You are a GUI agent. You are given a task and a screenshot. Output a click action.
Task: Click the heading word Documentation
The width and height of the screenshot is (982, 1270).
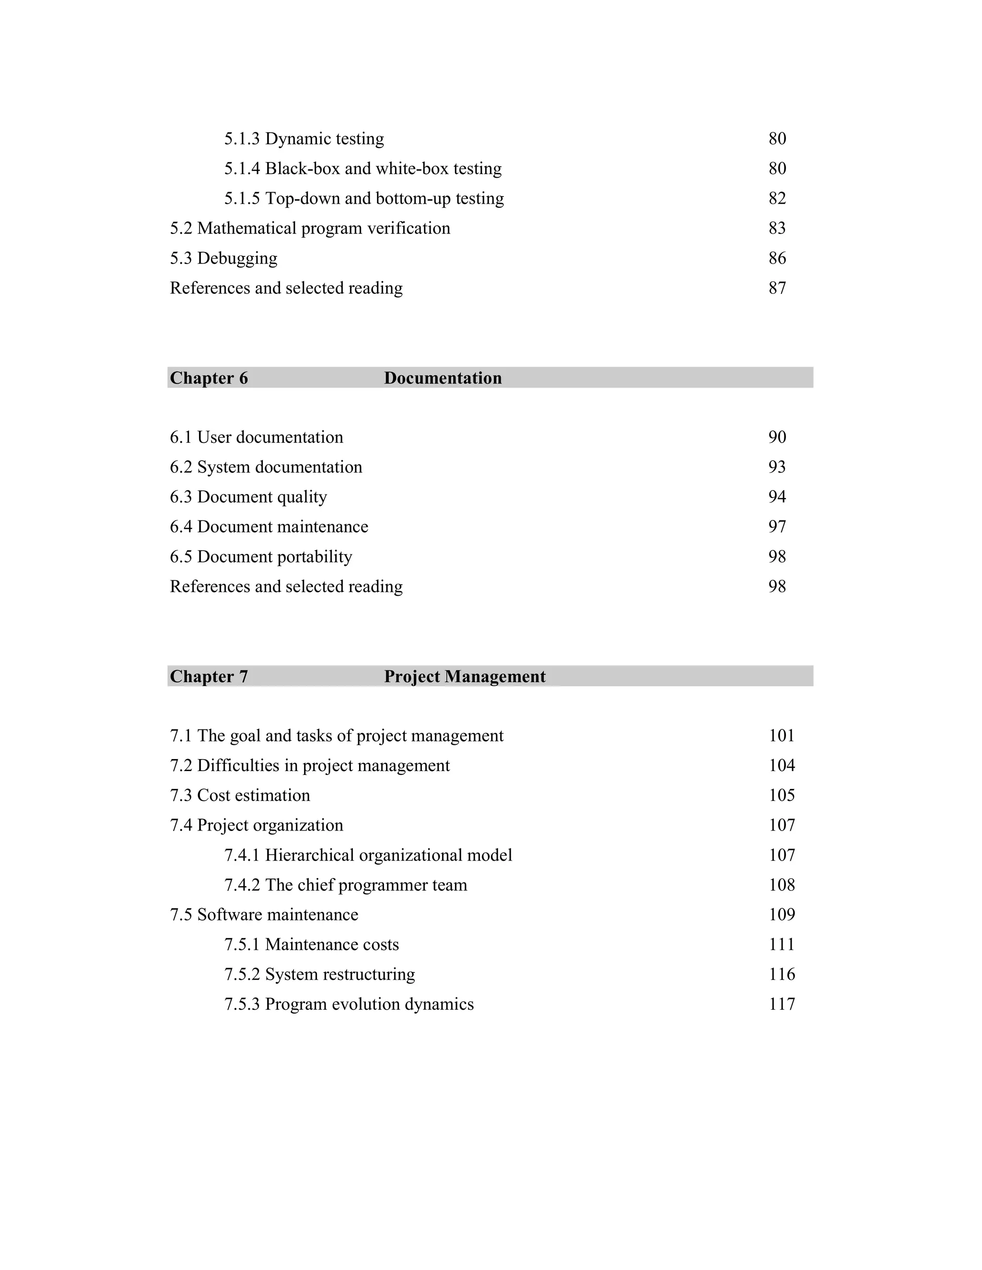(442, 378)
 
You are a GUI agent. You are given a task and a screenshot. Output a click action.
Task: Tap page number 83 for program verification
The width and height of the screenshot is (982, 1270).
(777, 228)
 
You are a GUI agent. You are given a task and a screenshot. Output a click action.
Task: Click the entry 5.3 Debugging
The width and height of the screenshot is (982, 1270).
(223, 258)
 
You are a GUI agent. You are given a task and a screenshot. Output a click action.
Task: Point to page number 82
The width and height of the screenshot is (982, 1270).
(777, 198)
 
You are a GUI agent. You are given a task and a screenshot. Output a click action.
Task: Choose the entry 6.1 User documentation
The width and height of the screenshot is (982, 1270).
(256, 437)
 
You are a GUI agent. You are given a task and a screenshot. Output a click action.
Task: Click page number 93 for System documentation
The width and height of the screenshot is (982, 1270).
(777, 467)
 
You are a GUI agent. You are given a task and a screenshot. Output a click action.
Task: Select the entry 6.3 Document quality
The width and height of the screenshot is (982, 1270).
(248, 497)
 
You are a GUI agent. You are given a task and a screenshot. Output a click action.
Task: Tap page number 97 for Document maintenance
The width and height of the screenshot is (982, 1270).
(777, 527)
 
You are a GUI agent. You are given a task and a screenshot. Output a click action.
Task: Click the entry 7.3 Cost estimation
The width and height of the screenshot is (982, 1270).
(240, 796)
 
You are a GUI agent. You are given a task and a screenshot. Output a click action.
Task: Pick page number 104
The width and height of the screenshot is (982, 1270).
(781, 766)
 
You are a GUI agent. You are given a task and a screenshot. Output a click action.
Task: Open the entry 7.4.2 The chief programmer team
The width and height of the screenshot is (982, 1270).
(346, 885)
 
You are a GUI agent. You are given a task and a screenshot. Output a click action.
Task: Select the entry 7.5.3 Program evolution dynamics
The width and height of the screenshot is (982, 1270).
(349, 1004)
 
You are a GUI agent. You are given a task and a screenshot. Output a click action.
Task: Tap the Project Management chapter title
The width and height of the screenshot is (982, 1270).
(464, 676)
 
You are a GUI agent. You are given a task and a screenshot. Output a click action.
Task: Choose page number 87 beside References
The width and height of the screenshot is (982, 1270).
(777, 288)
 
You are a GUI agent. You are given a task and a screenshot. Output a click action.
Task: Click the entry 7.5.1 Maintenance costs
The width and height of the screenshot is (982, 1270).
(311, 945)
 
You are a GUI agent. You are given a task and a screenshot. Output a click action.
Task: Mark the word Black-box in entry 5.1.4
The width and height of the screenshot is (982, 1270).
(302, 169)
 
